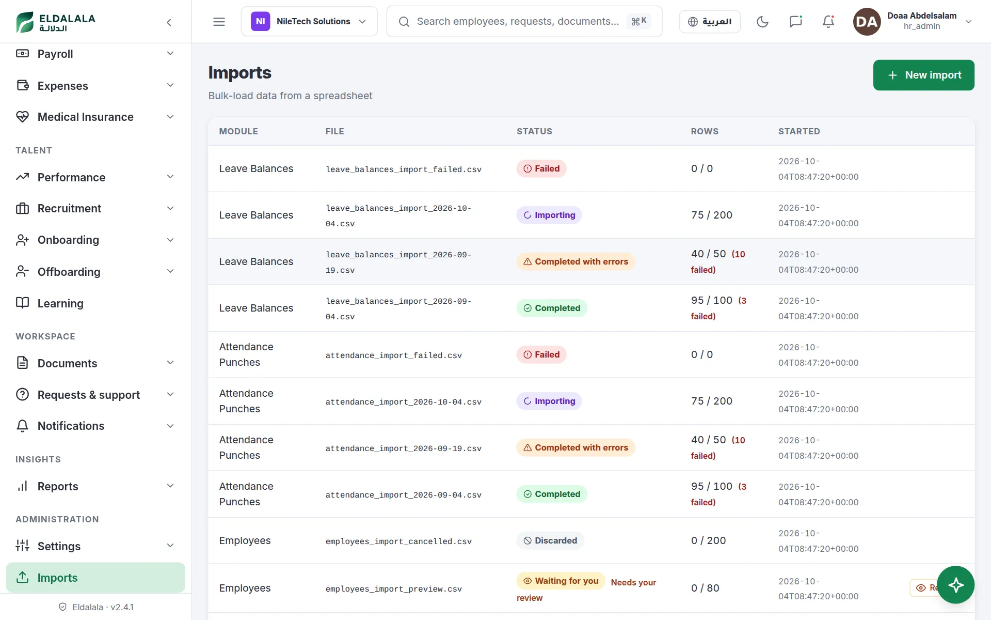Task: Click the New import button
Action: [923, 75]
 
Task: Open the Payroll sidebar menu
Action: [95, 54]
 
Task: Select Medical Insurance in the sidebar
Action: [95, 117]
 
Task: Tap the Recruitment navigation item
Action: [95, 208]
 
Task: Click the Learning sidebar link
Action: [95, 303]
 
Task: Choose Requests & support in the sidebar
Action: [95, 395]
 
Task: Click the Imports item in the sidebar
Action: [95, 578]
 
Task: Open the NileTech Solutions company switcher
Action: [309, 21]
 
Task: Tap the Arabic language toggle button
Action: [710, 22]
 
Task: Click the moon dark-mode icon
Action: [762, 22]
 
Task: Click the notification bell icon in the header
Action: [828, 22]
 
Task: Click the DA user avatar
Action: [867, 22]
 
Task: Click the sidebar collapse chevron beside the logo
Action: [169, 22]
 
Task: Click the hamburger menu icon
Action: [219, 22]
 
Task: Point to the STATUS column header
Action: [534, 131]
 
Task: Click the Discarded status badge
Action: [550, 540]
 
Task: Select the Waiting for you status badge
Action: [561, 581]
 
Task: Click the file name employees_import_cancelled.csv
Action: [398, 541]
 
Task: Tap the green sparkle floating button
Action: [956, 585]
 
